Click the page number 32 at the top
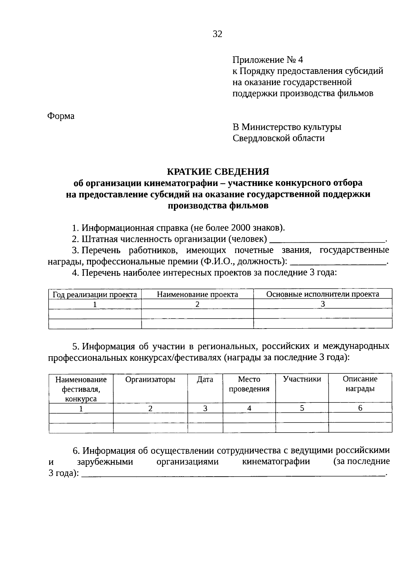(217, 34)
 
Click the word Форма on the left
(60, 116)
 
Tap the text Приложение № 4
(268, 60)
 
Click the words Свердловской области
(278, 138)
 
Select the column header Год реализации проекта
(95, 294)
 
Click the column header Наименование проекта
(197, 294)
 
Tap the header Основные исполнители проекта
(323, 294)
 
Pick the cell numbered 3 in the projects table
(323, 304)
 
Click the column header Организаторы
(150, 379)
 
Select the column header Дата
(205, 379)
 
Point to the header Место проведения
(249, 384)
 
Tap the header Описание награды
(360, 384)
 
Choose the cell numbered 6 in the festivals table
(360, 408)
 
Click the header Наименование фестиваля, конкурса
(81, 389)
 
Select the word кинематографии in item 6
(276, 462)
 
